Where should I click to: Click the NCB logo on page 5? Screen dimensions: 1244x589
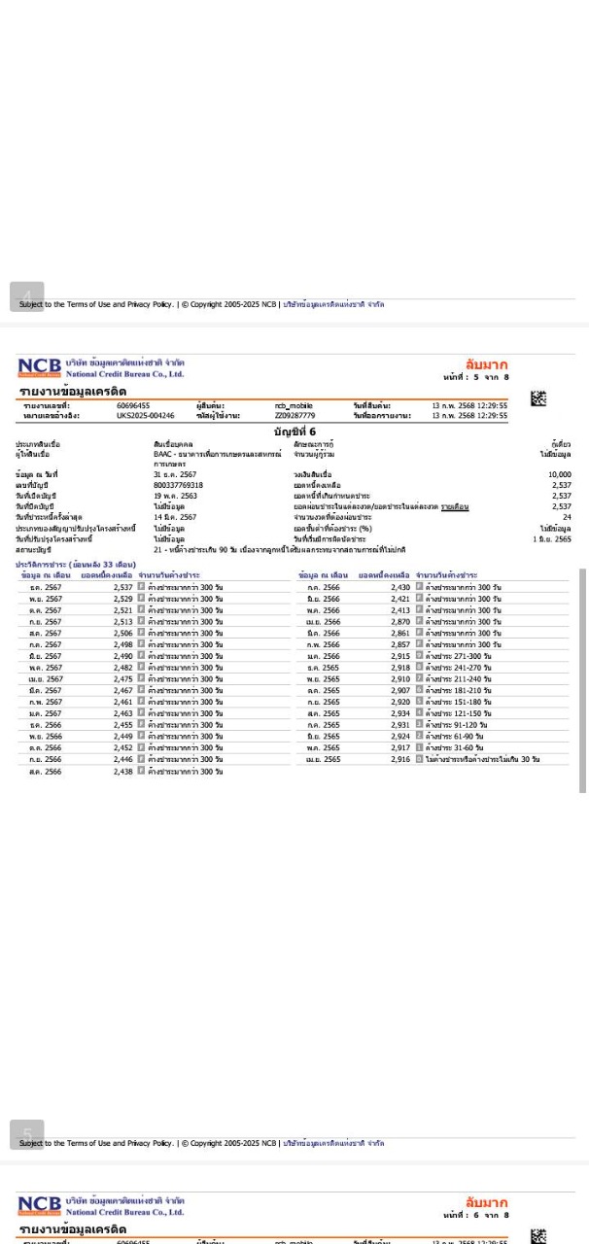pyautogui.click(x=39, y=367)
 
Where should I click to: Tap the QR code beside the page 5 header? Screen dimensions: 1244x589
pyautogui.click(x=538, y=398)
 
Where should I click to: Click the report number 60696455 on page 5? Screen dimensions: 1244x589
pyautogui.click(x=133, y=405)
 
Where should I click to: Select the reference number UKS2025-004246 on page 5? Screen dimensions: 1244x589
pyautogui.click(x=146, y=416)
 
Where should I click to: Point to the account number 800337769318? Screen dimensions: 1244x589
pyautogui.click(x=178, y=485)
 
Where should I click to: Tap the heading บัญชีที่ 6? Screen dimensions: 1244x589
pyautogui.click(x=294, y=432)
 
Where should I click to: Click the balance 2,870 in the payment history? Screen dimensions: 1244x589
pyautogui.click(x=400, y=622)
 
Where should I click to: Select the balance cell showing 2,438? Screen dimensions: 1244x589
pyautogui.click(x=122, y=771)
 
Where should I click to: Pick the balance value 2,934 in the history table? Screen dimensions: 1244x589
pyautogui.click(x=400, y=713)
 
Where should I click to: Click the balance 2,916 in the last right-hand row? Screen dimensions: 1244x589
pyautogui.click(x=400, y=759)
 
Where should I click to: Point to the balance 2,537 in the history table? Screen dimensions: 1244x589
pyautogui.click(x=122, y=588)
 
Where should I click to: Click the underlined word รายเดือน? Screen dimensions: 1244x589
pyautogui.click(x=455, y=506)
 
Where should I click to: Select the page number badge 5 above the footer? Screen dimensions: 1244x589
pyautogui.click(x=27, y=1133)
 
